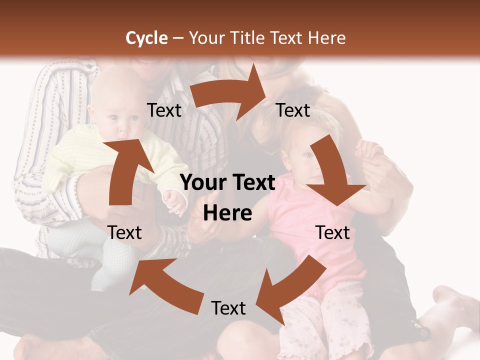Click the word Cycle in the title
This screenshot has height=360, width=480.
[146, 38]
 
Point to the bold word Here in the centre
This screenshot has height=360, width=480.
[227, 213]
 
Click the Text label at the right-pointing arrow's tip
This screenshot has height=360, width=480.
[293, 110]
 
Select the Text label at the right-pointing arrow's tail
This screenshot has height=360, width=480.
[164, 110]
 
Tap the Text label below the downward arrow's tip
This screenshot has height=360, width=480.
[333, 232]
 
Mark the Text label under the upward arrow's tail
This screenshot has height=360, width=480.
[124, 232]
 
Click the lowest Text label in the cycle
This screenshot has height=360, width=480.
[228, 308]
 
